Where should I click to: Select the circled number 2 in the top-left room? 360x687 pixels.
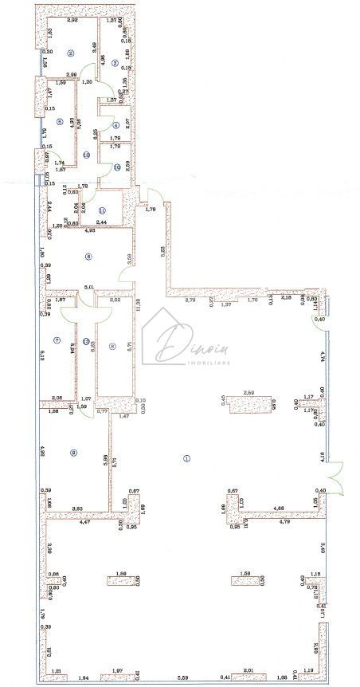(x=71, y=53)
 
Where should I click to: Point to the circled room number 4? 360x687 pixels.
(x=115, y=125)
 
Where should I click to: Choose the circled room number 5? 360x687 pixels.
(x=59, y=122)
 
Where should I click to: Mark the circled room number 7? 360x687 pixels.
(x=57, y=340)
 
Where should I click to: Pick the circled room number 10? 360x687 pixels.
(x=115, y=167)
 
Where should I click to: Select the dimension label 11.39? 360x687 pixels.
(x=137, y=302)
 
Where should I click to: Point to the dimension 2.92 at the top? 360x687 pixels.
(x=72, y=20)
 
